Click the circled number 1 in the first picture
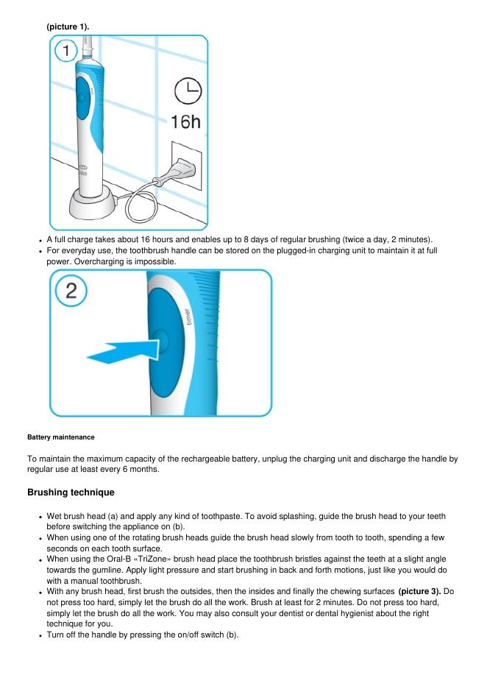click(66, 50)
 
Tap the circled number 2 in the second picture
click(71, 291)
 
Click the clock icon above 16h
click(188, 91)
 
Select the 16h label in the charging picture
click(185, 121)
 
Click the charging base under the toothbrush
click(93, 202)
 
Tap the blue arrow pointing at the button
click(123, 353)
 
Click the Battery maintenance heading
click(60, 437)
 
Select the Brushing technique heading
click(71, 492)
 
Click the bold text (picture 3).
click(419, 591)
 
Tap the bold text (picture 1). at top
click(68, 26)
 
